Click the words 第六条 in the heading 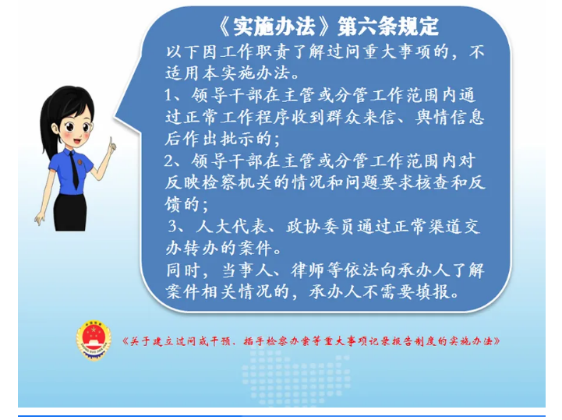pos(363,26)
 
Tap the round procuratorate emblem pos(94,341)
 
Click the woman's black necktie pos(75,170)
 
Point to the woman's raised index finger pos(111,143)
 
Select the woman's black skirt pos(70,212)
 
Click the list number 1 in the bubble pos(168,96)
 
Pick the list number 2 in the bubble pos(168,161)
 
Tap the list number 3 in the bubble pos(173,227)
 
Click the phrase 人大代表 pos(232,227)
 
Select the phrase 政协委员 pos(321,227)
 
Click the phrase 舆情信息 pos(450,118)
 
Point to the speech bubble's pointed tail pos(115,117)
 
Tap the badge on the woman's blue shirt pos(80,162)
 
